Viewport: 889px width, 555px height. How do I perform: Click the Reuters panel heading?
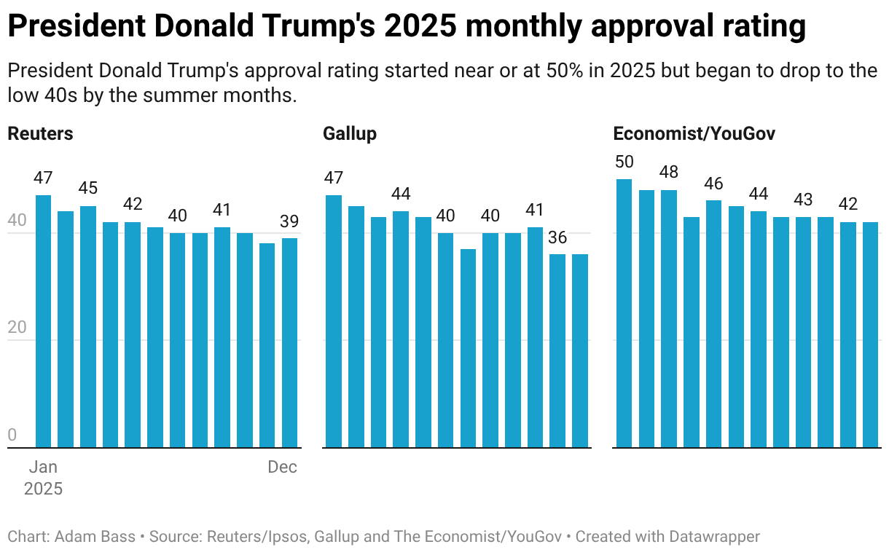40,134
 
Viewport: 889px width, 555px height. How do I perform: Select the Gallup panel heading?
350,134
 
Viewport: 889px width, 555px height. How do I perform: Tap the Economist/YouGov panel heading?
694,134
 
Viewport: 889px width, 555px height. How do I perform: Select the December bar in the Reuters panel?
289,342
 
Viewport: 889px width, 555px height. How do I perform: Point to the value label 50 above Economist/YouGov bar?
624,162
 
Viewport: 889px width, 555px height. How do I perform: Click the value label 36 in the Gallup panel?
557,237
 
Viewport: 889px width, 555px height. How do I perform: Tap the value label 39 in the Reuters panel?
289,221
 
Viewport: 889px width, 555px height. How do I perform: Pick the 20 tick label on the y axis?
16,328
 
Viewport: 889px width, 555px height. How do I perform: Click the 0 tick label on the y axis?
12,436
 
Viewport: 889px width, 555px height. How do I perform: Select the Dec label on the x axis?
283,468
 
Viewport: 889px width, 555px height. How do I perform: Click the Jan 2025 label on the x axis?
43,478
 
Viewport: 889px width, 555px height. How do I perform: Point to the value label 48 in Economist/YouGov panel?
669,173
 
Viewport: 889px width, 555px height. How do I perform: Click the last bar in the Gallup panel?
580,350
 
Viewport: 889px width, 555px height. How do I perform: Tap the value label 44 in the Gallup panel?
401,194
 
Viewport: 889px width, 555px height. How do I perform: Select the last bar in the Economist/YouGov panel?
871,334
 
